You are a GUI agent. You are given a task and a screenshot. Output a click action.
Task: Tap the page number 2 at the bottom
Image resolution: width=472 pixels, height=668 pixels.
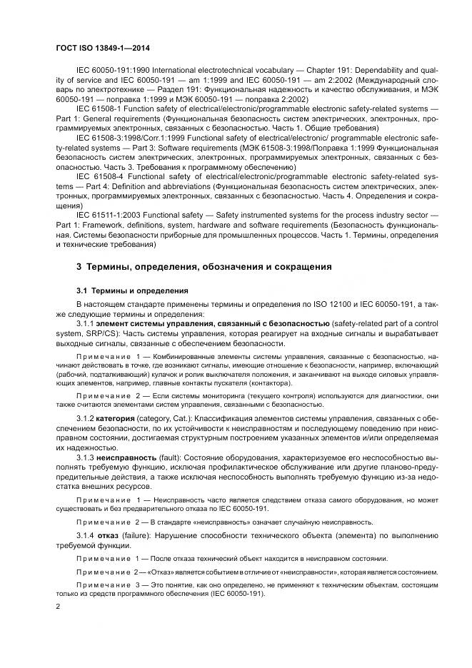click(58, 606)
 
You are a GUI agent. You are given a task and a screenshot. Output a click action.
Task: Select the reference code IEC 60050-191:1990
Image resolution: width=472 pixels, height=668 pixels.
click(107, 72)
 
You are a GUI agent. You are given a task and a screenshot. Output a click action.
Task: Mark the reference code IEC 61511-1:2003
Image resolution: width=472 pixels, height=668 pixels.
click(106, 213)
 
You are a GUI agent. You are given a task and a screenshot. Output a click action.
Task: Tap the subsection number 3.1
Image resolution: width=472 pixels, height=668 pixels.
click(82, 290)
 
